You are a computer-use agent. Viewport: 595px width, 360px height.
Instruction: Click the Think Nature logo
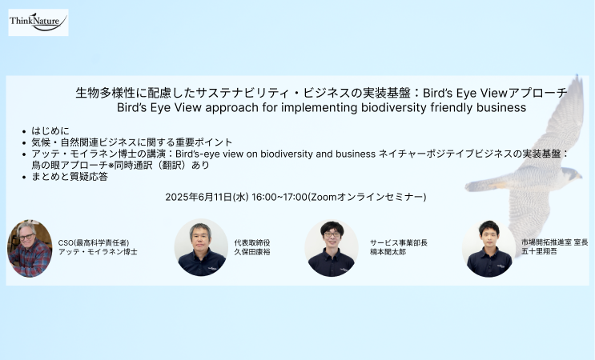(x=38, y=22)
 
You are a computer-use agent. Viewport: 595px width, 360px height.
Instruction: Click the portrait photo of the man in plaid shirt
(x=30, y=248)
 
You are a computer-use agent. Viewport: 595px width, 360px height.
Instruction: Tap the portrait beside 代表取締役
(x=201, y=247)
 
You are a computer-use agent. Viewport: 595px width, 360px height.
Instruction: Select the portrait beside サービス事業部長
(x=332, y=249)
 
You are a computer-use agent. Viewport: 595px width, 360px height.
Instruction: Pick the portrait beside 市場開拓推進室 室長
(x=488, y=249)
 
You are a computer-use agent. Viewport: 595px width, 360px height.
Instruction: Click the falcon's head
(x=571, y=174)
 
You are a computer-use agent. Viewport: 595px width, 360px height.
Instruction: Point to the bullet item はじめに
(x=50, y=130)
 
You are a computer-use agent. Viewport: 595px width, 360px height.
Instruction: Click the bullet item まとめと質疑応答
(x=70, y=177)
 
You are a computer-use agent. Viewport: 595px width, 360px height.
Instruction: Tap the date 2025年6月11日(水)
(x=207, y=197)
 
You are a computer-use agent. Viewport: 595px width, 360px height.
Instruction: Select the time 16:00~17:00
(x=279, y=197)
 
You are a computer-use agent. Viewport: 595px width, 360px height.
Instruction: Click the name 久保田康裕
(x=252, y=252)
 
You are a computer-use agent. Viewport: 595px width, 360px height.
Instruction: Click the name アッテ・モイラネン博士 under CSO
(x=98, y=252)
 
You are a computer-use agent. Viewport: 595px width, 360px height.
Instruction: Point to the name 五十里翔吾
(x=539, y=251)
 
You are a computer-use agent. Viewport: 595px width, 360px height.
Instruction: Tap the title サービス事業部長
(x=399, y=243)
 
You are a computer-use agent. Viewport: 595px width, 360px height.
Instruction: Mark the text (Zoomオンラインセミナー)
(x=367, y=197)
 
